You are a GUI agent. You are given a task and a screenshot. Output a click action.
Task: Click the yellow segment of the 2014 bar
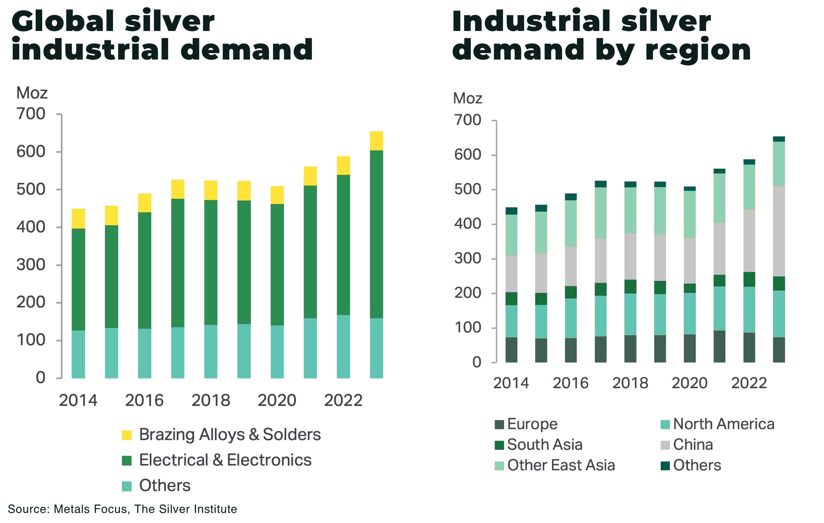coord(78,218)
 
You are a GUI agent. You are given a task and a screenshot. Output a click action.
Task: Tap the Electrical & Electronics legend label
coord(225,460)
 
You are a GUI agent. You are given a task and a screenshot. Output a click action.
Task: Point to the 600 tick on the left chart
coord(31,152)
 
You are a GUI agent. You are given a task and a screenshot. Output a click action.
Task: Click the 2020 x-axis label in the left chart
coord(277,401)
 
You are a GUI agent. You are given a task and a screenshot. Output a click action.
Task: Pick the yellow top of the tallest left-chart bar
coord(376,141)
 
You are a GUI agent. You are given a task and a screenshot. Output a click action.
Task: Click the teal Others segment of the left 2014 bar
coord(78,354)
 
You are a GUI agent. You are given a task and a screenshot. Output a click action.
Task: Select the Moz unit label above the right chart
coord(468,99)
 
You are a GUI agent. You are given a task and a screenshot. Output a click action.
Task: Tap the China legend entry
coord(692,445)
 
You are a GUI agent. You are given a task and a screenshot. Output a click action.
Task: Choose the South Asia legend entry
coord(544,445)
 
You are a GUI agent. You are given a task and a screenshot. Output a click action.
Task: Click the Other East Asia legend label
coord(561,465)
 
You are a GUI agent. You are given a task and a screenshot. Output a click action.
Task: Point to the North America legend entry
coord(723,424)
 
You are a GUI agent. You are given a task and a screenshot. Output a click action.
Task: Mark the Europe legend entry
coord(532,424)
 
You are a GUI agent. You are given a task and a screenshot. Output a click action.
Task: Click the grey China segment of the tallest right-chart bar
coord(779,231)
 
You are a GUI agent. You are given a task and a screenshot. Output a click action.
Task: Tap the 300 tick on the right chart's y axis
coord(468,259)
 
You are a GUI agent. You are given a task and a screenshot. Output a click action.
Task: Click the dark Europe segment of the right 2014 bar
coord(511,350)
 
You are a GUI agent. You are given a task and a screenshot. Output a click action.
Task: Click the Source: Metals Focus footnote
coord(122,509)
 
